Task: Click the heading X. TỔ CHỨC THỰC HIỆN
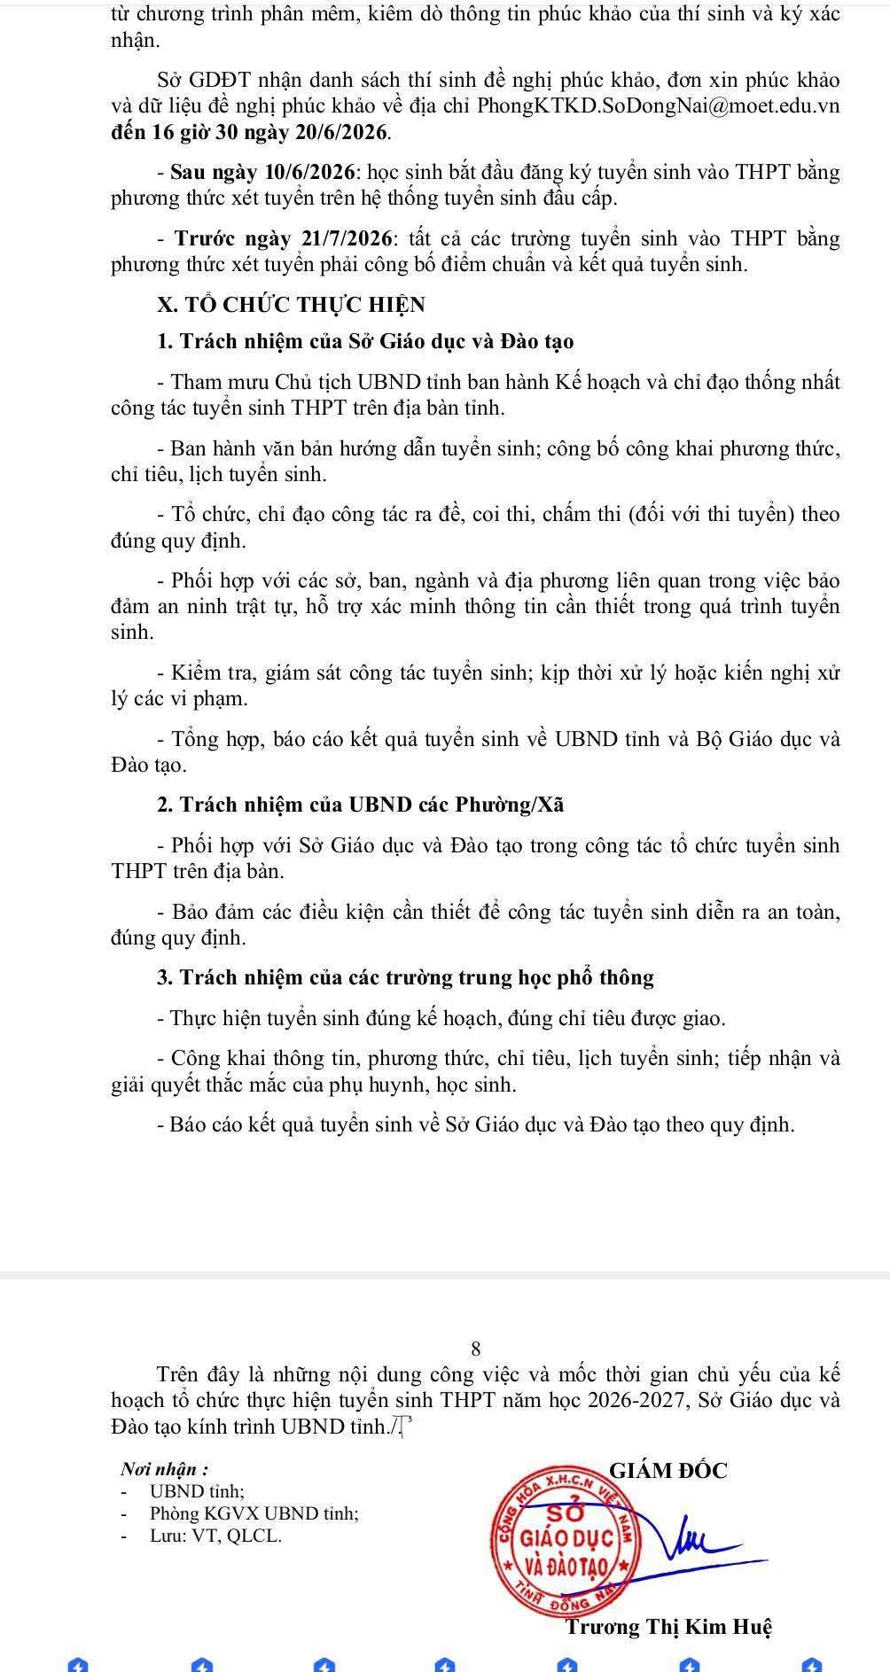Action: point(291,305)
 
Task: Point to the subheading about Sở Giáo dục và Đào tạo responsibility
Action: point(365,342)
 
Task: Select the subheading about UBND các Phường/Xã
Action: point(360,805)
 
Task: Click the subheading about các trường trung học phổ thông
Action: point(405,978)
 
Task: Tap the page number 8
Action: point(476,1349)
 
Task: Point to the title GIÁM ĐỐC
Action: point(668,1471)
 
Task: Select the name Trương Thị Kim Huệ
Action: point(669,1628)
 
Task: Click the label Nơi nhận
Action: point(165,1469)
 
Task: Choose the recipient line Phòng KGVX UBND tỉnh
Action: point(254,1514)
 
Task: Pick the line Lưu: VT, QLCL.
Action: point(215,1536)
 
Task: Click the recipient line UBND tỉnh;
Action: point(197,1492)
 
